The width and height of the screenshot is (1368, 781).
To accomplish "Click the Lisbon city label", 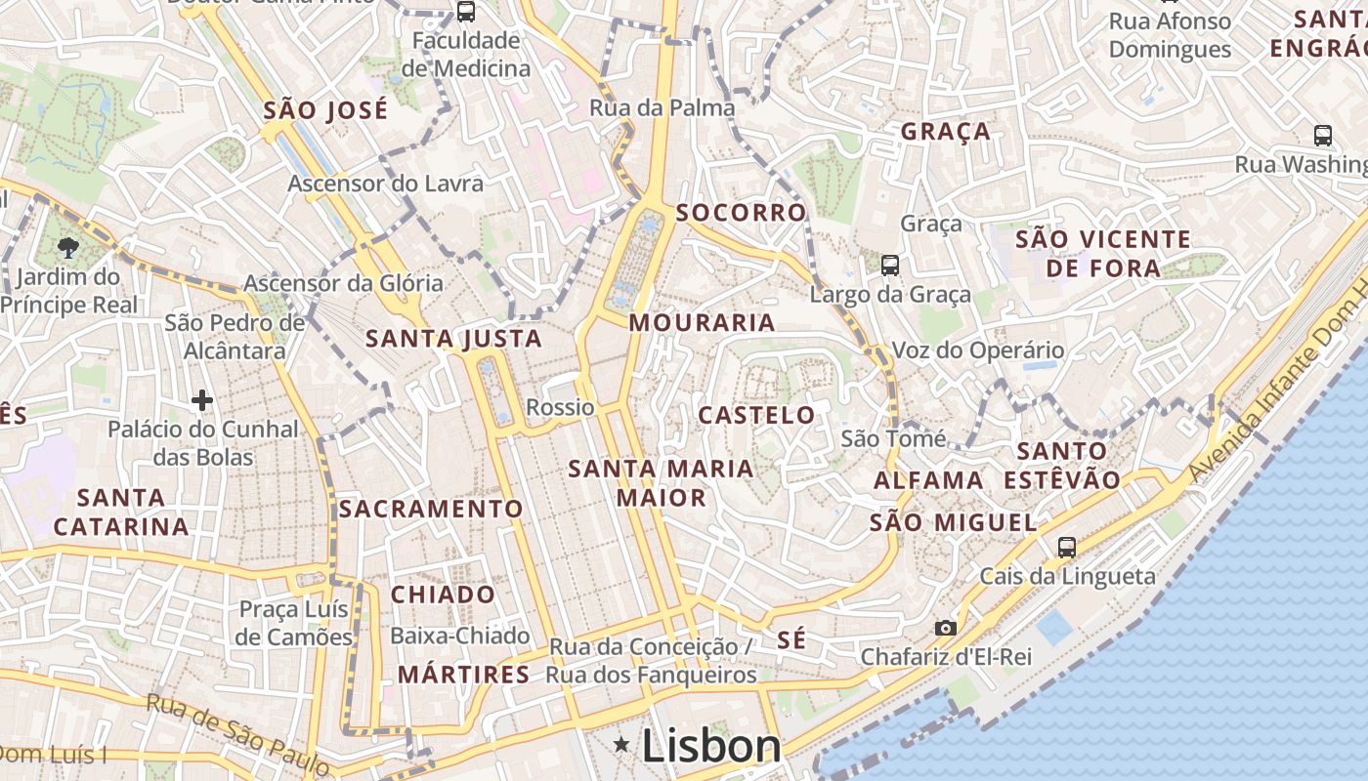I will point(711,747).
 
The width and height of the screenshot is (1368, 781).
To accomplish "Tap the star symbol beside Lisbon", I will point(621,746).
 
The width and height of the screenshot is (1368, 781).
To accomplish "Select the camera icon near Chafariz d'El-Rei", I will point(945,628).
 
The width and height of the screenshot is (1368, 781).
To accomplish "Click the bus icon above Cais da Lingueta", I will point(1067,548).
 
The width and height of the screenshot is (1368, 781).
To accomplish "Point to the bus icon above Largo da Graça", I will point(889,265).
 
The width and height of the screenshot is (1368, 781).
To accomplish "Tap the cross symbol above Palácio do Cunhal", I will point(202,400).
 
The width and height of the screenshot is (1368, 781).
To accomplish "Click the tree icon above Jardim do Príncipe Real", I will point(68,247).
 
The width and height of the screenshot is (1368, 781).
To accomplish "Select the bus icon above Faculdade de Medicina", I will point(466,12).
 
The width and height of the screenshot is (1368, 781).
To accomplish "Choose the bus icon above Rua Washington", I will point(1323,136).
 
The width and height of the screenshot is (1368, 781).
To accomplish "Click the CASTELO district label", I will point(756,415).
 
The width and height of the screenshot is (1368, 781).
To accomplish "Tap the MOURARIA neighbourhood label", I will point(702,322).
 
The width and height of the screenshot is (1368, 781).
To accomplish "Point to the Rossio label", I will point(560,407).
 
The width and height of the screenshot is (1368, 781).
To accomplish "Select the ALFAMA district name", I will point(928,480).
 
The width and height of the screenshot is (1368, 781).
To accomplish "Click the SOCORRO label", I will point(742,212).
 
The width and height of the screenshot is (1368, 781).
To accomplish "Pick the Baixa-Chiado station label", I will point(459,637).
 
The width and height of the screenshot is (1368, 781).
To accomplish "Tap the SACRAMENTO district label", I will point(431,509).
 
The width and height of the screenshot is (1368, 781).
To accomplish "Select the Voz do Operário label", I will point(978,350).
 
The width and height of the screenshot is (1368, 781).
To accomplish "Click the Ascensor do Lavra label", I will point(385,184).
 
